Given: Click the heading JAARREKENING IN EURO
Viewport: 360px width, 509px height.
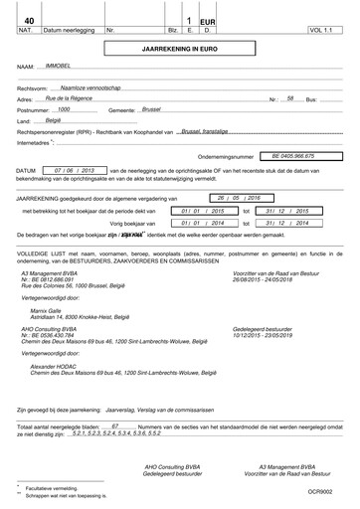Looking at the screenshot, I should (179, 47).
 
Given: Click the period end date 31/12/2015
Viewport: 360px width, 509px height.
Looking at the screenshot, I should (290, 212).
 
